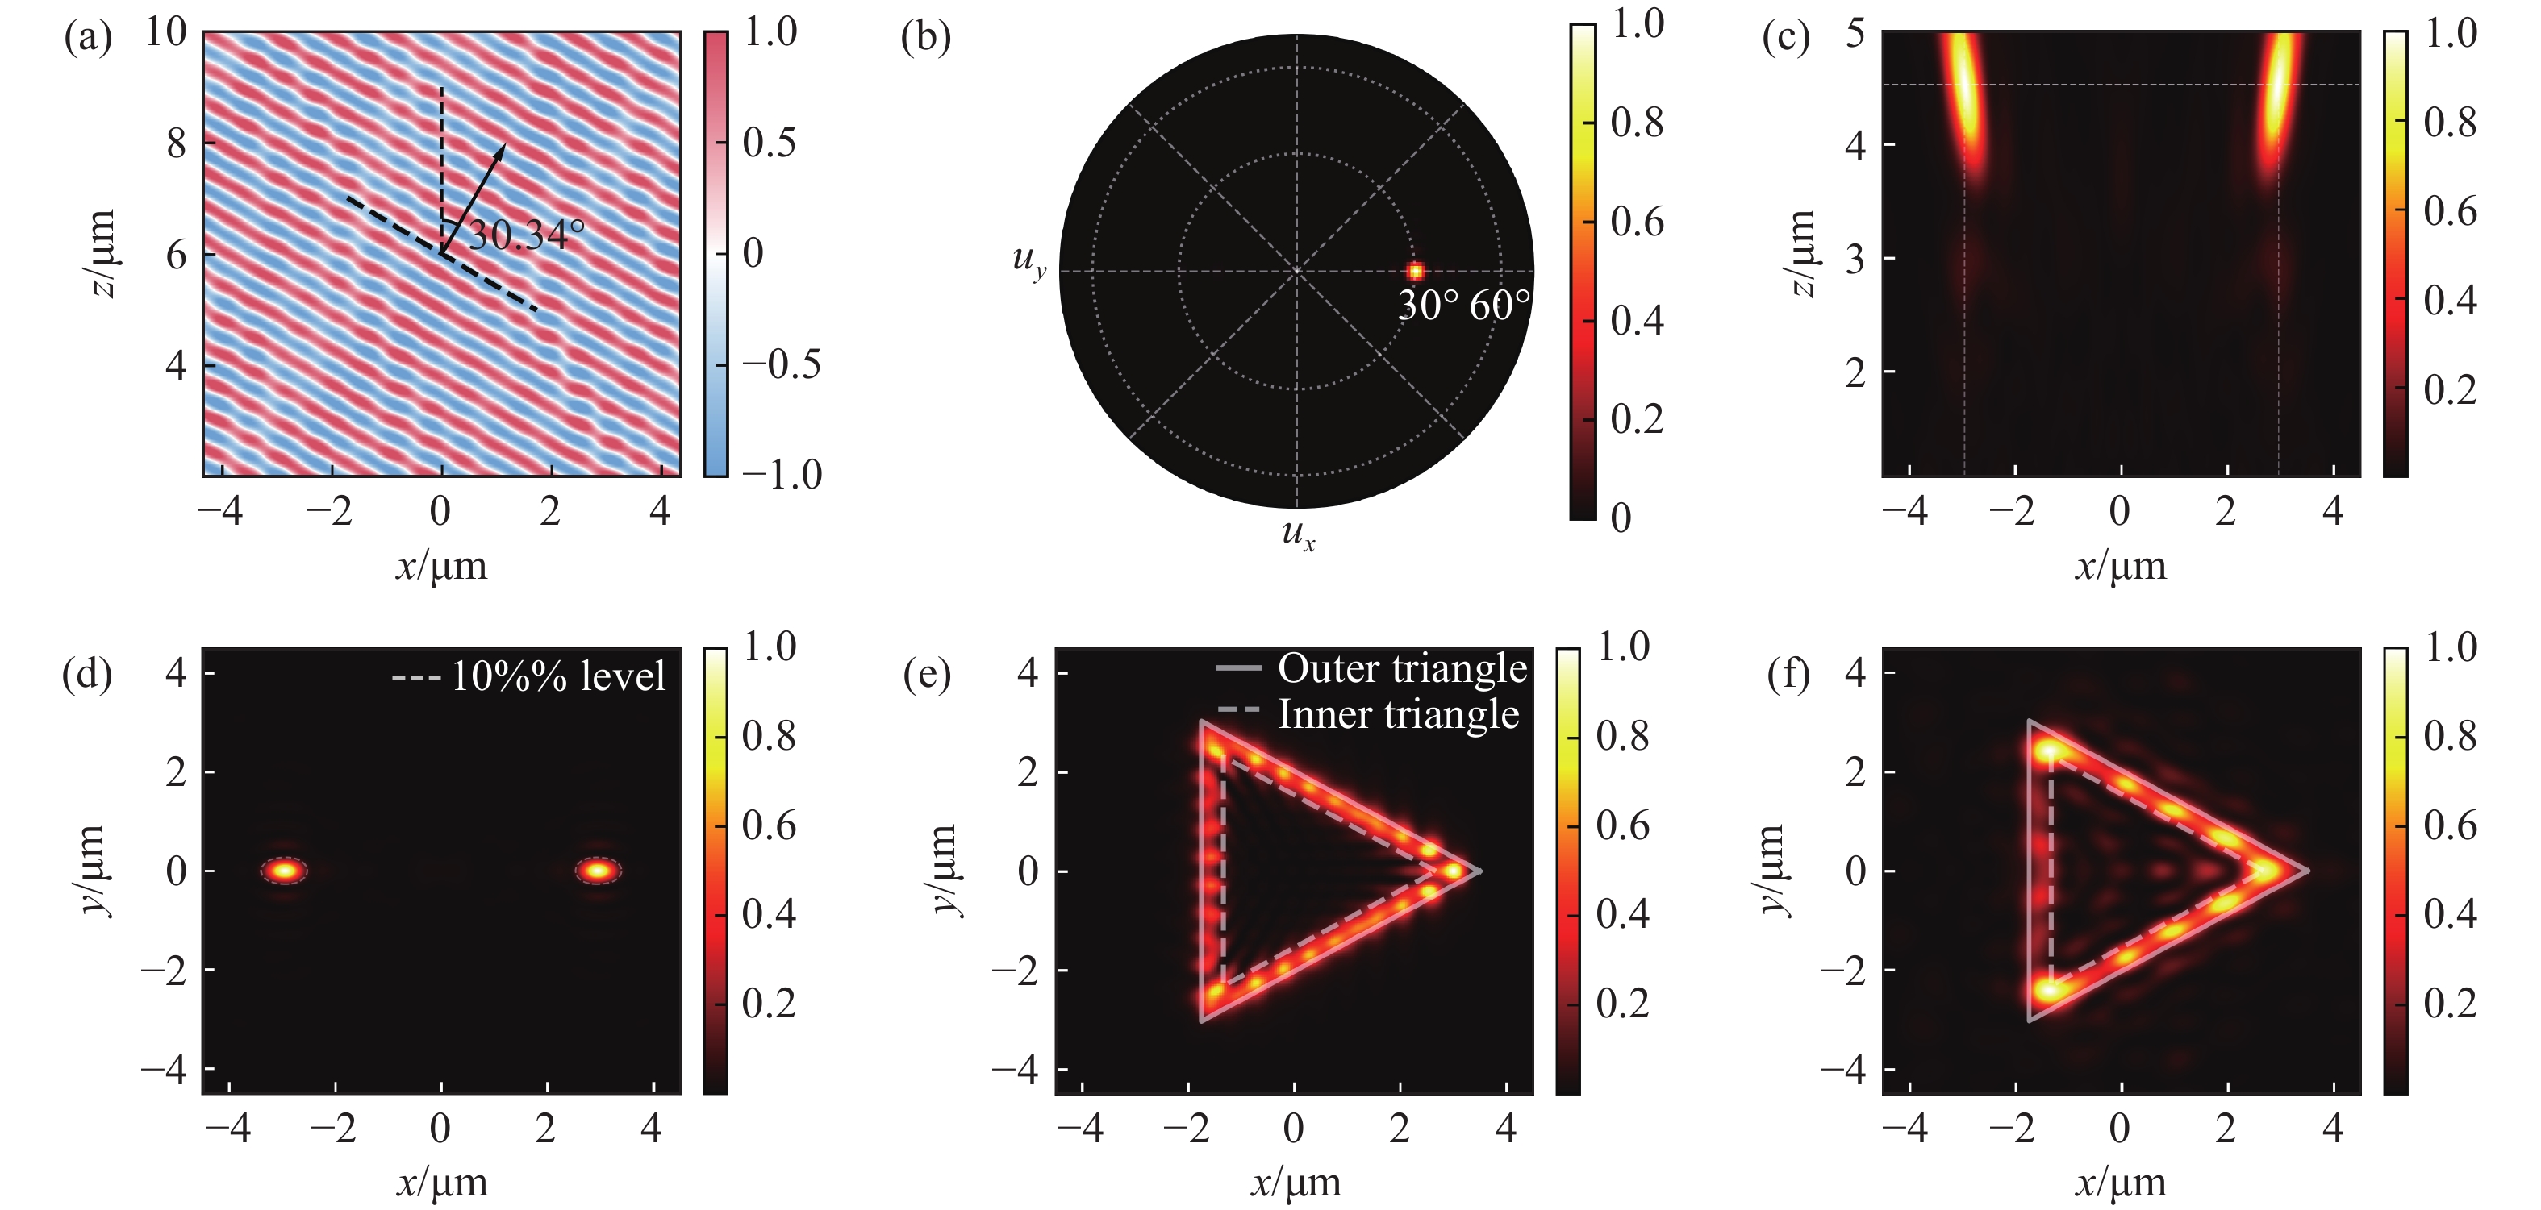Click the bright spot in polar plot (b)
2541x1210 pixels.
[x=1416, y=271]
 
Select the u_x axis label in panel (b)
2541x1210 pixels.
[x=1297, y=534]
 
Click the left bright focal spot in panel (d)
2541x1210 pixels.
[x=284, y=870]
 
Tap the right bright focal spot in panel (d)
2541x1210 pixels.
[x=598, y=870]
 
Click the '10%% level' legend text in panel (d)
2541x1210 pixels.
[x=558, y=676]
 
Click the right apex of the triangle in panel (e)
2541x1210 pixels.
[x=1477, y=871]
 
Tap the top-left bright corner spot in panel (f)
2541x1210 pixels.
[x=2050, y=752]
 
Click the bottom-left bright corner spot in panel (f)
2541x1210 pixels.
[x=2050, y=989]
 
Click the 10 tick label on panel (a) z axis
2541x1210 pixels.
[x=165, y=31]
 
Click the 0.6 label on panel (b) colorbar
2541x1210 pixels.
[x=1638, y=222]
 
